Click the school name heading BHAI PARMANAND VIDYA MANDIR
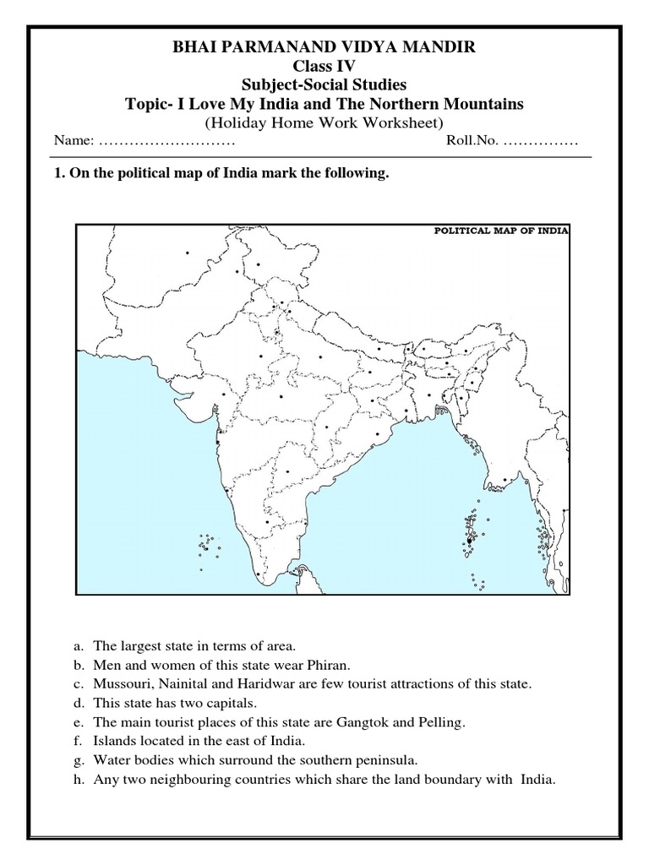click(324, 50)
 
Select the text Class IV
click(324, 68)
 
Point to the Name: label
click(69, 140)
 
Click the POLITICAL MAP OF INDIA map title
click(502, 229)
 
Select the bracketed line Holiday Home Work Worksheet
click(324, 122)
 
